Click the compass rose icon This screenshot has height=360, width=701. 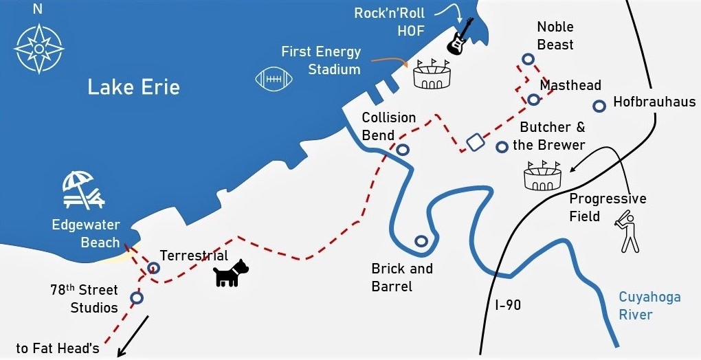point(40,48)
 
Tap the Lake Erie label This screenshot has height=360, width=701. point(133,87)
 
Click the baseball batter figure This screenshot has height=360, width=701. point(627,232)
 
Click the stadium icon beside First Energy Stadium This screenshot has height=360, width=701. point(432,74)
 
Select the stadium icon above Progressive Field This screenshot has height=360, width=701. point(542,176)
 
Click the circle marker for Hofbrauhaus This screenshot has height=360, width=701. point(599,106)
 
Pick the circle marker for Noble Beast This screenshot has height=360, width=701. point(528,59)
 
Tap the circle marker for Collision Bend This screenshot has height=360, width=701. point(403,149)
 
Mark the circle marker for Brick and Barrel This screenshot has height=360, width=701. point(421,241)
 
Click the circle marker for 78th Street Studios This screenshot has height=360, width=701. point(137,297)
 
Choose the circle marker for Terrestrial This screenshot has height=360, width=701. point(154,267)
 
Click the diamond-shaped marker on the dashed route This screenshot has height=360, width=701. point(474,142)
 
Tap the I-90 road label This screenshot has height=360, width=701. point(508,305)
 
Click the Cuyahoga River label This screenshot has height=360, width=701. point(649,306)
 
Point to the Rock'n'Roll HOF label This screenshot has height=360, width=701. point(390,22)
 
